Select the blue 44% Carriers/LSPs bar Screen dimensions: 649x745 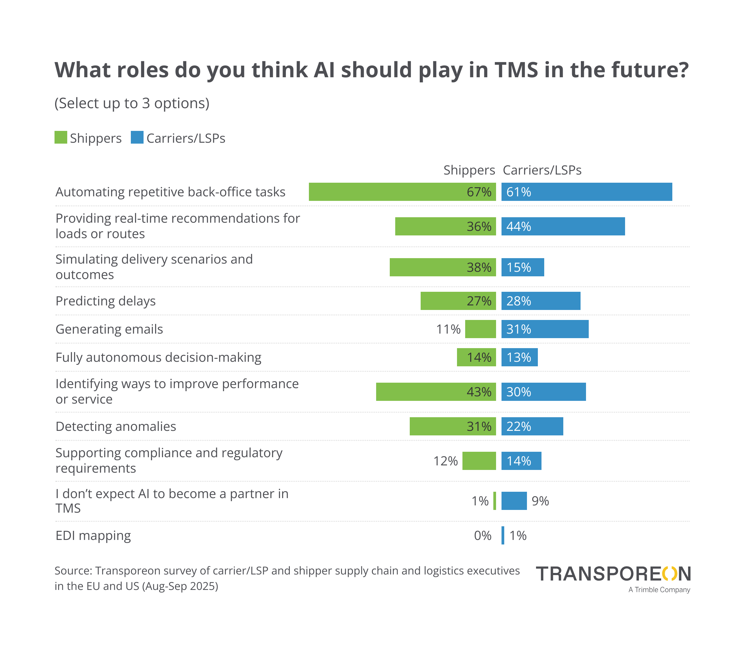coord(563,226)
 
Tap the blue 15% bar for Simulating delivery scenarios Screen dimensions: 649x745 coord(522,267)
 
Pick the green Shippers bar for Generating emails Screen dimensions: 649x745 coord(480,329)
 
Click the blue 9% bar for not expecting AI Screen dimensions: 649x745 coord(514,501)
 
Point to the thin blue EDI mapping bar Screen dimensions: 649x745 coord(502,535)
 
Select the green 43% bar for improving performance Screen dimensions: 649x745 coord(435,392)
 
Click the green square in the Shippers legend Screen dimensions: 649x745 coord(61,138)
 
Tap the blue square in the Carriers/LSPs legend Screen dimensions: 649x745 coord(137,138)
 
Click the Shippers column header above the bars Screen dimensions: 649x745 coord(469,170)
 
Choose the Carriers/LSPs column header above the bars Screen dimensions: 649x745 coord(542,170)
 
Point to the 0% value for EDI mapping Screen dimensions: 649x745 coord(482,536)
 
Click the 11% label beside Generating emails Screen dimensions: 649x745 coord(448,329)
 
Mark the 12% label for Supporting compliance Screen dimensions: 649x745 coord(445,461)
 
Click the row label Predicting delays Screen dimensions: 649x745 coord(105,301)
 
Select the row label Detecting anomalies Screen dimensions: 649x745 coord(115,426)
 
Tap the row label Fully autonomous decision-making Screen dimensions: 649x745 coord(158,358)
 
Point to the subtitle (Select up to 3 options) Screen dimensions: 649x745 coord(132,103)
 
